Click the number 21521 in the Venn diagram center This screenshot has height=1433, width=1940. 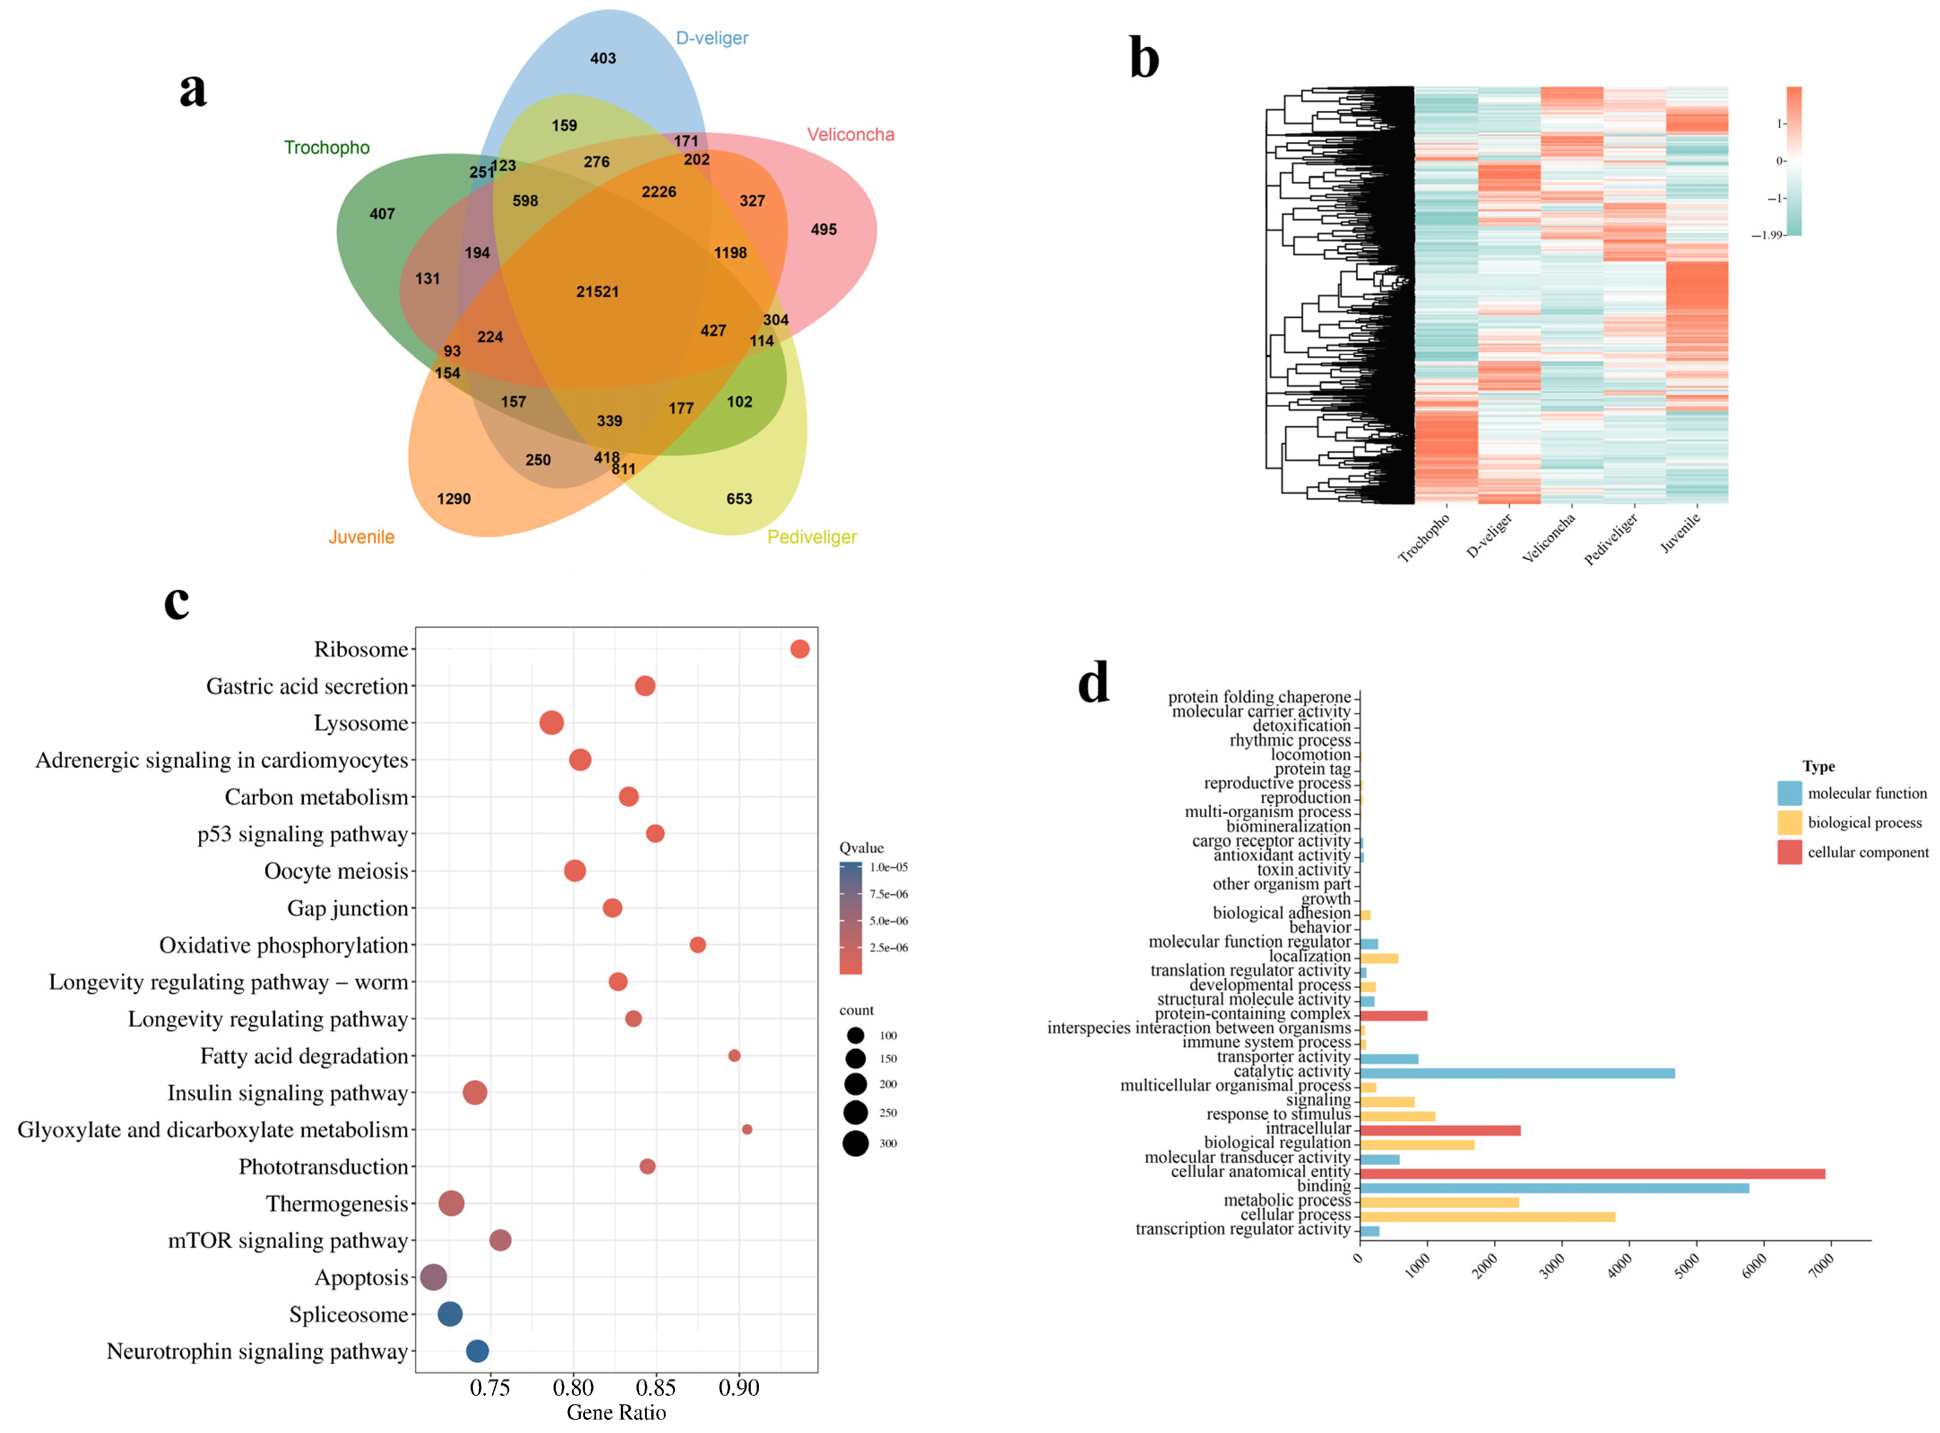[598, 291]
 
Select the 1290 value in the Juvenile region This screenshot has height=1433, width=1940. [454, 499]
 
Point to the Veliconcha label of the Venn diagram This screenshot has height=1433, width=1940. [850, 134]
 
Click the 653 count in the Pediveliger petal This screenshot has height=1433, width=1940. [739, 499]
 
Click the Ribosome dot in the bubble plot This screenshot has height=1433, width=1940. [800, 649]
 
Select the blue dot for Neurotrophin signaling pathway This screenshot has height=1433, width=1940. [477, 1351]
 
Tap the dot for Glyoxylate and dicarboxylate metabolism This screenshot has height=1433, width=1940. [747, 1130]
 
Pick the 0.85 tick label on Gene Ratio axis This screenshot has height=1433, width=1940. [657, 1388]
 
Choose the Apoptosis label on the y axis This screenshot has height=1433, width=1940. [361, 1278]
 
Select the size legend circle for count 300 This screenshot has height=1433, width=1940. [855, 1143]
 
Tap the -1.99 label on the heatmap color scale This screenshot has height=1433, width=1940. [1767, 235]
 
